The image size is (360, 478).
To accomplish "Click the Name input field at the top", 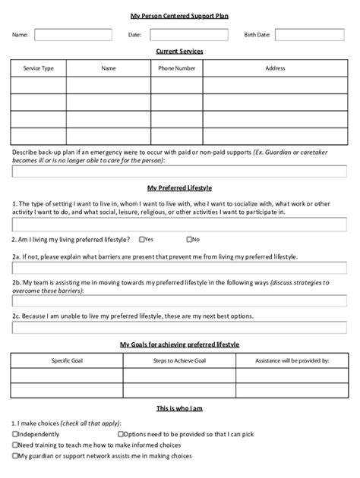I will (73, 35).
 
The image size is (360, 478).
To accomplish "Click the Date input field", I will (188, 35).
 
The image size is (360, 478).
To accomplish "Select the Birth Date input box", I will (308, 35).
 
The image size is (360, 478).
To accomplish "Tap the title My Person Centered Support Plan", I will (179, 16).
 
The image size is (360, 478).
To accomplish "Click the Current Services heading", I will (179, 52).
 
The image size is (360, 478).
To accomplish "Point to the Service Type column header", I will (38, 68).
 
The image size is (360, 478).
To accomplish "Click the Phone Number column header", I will (176, 68).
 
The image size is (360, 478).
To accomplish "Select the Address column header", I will (275, 68).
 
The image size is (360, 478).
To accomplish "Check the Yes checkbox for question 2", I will (142, 239).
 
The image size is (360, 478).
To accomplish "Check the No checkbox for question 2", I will (189, 239).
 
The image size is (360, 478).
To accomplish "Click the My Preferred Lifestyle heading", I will (179, 187).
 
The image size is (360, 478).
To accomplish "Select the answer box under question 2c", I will (179, 328).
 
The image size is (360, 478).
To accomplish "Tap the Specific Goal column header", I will (66, 360).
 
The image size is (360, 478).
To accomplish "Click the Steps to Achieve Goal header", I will (179, 360).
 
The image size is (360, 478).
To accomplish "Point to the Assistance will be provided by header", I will (292, 360).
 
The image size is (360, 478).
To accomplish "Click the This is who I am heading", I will (179, 408).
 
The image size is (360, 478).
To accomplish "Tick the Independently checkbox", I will (15, 434).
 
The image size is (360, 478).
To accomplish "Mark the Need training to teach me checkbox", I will (15, 445).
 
